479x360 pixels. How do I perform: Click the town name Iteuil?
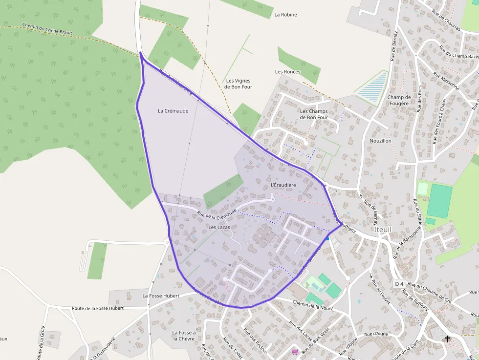383,229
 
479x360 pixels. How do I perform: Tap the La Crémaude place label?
173,111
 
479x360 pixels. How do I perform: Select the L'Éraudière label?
283,185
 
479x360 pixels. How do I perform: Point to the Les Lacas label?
219,227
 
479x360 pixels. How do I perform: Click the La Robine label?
285,15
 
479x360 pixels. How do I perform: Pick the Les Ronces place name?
288,72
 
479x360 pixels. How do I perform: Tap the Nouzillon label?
381,141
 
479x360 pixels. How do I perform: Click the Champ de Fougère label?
399,100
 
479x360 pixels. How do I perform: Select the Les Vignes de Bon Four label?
239,84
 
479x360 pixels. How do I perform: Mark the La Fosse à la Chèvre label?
184,336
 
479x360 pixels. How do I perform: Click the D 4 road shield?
399,284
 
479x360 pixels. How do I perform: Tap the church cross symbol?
447,339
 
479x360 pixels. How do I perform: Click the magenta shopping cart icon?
295,352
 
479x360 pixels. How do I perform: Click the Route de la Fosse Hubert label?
98,308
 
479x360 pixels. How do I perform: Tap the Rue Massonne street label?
446,81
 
